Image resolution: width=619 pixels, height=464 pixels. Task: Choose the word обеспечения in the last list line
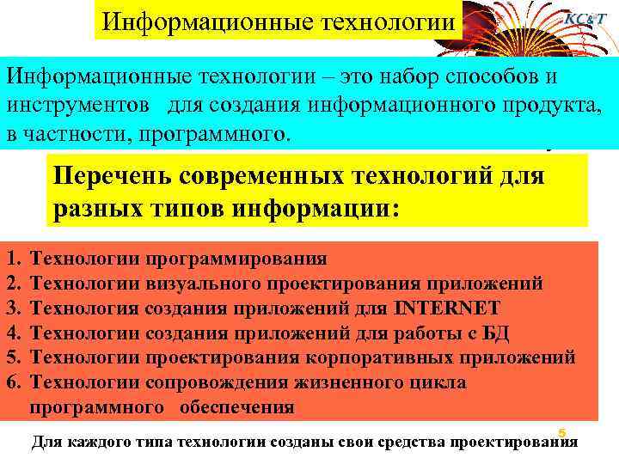click(x=236, y=407)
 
